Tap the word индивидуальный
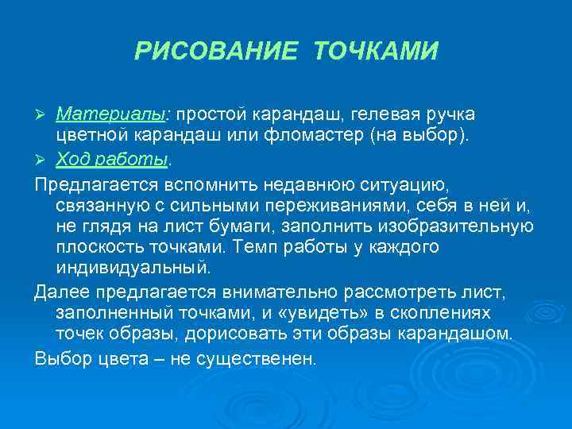click(133, 269)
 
